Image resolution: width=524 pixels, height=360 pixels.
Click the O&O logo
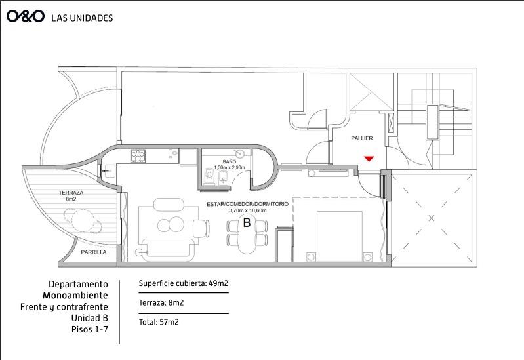point(26,16)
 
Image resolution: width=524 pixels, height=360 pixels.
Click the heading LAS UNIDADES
point(82,18)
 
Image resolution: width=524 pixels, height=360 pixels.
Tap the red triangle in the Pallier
point(369,159)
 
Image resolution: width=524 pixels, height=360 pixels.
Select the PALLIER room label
point(361,138)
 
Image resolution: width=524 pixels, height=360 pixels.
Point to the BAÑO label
point(230,162)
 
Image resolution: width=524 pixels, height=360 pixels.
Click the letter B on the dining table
point(247,222)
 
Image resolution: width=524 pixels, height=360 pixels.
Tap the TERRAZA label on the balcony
point(71,193)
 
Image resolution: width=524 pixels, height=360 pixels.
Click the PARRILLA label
point(94,252)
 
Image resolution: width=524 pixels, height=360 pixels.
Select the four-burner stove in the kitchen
point(138,156)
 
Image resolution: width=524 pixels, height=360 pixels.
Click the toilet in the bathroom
point(209,176)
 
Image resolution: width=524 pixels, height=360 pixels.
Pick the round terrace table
point(83,220)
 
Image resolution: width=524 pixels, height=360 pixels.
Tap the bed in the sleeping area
point(339,236)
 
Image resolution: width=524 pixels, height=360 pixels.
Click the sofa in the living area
point(168,249)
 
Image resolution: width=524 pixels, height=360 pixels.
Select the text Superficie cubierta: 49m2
point(184,283)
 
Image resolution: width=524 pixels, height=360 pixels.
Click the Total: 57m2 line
point(159,322)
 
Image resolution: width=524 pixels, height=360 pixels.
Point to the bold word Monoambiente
point(75,296)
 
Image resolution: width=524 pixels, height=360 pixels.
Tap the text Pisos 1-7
point(90,329)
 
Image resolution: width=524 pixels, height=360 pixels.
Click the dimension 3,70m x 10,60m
point(248,210)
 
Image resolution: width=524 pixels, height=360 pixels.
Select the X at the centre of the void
point(432,218)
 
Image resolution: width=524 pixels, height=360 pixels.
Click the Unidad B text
point(90,317)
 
